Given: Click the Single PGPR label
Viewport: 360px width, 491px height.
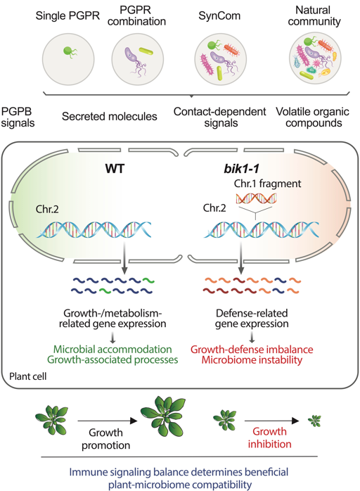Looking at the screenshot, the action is (67, 15).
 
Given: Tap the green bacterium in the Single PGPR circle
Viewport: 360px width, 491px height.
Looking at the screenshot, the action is (70, 51).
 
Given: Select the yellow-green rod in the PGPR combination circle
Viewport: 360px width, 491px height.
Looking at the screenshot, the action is (146, 51).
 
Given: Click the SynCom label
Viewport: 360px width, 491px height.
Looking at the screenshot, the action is (219, 15).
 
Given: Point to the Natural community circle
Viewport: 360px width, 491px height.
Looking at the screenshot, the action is (315, 59).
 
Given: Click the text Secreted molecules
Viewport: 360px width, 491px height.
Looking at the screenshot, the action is (109, 117).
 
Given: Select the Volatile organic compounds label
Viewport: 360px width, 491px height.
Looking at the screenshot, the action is (313, 117).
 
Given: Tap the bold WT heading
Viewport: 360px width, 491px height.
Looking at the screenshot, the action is (115, 169).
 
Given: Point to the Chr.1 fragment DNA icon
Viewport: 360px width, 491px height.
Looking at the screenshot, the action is (256, 198).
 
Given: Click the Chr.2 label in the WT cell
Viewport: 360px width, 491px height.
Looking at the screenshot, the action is (47, 209).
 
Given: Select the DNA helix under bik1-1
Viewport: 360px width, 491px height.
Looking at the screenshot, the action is (262, 230).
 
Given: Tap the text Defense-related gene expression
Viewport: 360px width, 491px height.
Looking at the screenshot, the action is (252, 319).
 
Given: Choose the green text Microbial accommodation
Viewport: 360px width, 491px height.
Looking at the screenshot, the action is (112, 349).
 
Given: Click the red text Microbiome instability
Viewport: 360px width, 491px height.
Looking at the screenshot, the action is (252, 359).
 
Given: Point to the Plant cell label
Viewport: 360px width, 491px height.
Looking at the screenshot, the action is (28, 376).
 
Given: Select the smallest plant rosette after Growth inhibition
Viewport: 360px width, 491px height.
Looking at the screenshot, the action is (314, 421).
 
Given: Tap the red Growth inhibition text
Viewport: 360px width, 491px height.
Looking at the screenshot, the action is (269, 438).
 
